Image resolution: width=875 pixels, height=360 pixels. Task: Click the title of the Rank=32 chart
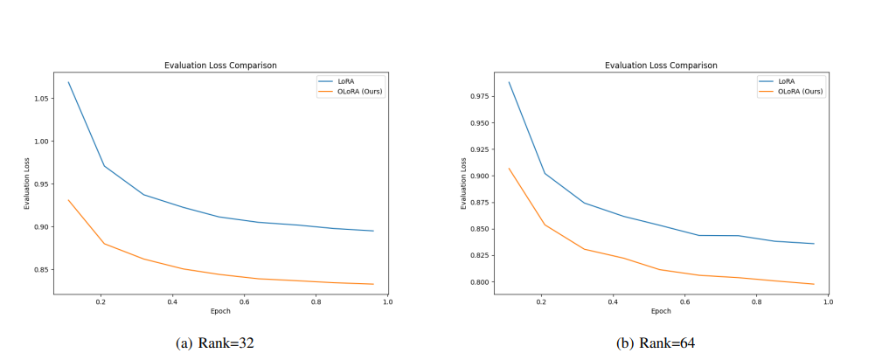pyautogui.click(x=220, y=66)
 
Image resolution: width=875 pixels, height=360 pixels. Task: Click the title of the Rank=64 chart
pyautogui.click(x=661, y=66)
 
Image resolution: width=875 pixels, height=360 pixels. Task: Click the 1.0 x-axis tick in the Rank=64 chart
pyautogui.click(x=827, y=302)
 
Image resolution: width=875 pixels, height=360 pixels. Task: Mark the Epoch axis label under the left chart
pyautogui.click(x=220, y=311)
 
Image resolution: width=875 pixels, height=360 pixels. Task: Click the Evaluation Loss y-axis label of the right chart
pyautogui.click(x=464, y=183)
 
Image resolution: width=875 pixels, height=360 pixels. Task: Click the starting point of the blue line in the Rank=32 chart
pyautogui.click(x=68, y=82)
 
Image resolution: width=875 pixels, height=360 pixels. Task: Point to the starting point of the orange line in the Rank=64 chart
pyautogui.click(x=509, y=169)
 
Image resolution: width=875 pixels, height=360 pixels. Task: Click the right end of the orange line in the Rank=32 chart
pyautogui.click(x=373, y=284)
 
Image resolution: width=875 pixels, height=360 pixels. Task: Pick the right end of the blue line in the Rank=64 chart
pyautogui.click(x=814, y=244)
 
